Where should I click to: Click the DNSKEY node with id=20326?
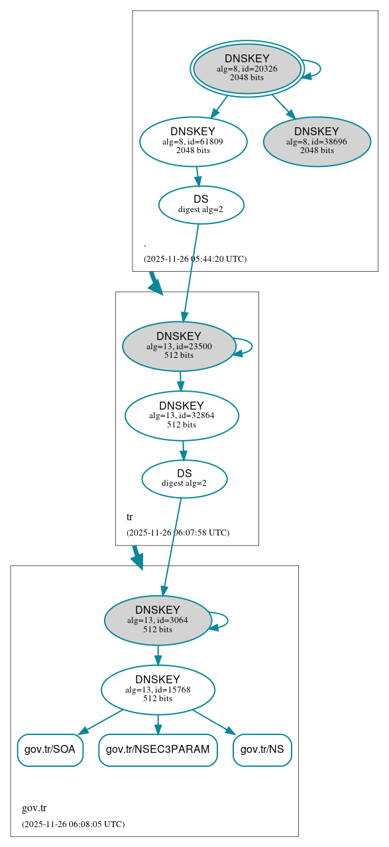click(247, 68)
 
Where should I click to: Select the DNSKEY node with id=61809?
click(193, 141)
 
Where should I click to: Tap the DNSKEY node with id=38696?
click(317, 141)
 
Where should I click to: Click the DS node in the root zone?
click(201, 204)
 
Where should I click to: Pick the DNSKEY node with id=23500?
click(179, 346)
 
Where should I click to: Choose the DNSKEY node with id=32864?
click(182, 416)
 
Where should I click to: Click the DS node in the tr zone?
click(184, 479)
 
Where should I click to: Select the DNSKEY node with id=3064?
click(158, 620)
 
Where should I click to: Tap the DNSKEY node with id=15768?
click(158, 689)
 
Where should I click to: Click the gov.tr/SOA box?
click(50, 750)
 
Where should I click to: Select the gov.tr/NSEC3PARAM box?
click(158, 750)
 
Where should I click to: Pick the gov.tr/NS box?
click(262, 750)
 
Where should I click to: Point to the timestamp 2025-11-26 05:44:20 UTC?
click(195, 258)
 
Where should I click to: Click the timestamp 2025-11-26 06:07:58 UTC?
click(178, 532)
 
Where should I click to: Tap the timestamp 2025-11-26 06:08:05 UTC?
click(73, 824)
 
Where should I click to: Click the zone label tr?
click(130, 517)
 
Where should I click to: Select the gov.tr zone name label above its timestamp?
click(34, 808)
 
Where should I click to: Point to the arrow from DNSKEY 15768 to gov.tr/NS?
click(214, 722)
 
